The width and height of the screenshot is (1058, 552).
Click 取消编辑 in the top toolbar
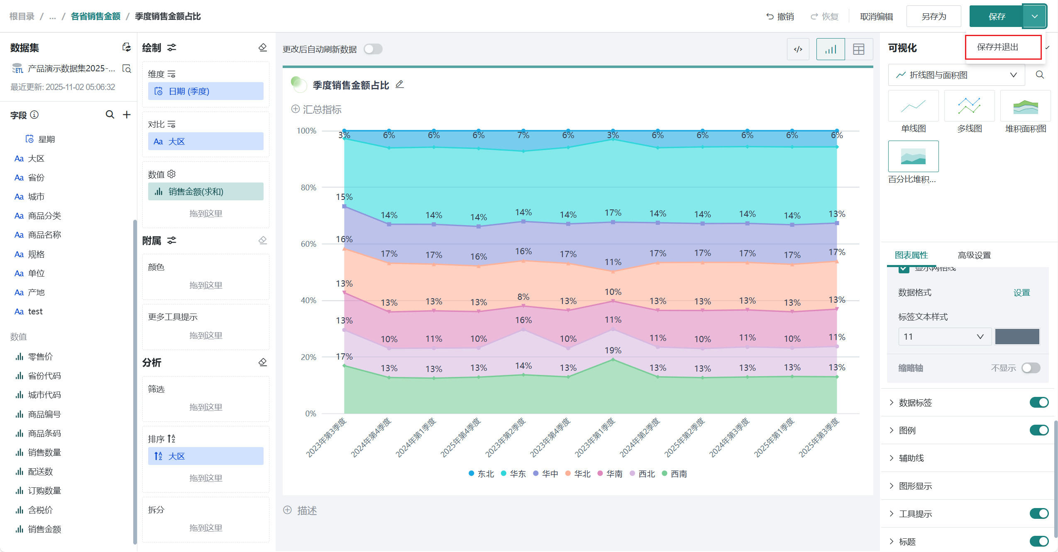click(x=876, y=17)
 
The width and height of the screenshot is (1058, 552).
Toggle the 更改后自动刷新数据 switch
click(x=373, y=49)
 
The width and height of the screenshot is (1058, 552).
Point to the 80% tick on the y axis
click(x=308, y=187)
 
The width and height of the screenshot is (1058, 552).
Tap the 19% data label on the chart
click(x=613, y=350)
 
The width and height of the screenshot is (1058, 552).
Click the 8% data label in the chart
click(x=523, y=297)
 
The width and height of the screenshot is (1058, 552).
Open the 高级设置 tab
click(x=974, y=255)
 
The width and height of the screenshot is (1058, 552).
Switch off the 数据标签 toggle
click(x=1038, y=402)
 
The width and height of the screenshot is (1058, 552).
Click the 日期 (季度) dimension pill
click(x=205, y=91)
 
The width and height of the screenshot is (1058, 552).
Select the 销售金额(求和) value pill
click(x=205, y=192)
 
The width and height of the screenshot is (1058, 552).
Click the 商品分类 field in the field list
click(x=44, y=216)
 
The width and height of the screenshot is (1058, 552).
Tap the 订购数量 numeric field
click(x=44, y=491)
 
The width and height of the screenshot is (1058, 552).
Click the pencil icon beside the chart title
click(x=399, y=85)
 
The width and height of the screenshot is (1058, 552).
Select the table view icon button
click(x=858, y=49)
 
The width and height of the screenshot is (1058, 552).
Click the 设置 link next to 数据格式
click(x=1021, y=293)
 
